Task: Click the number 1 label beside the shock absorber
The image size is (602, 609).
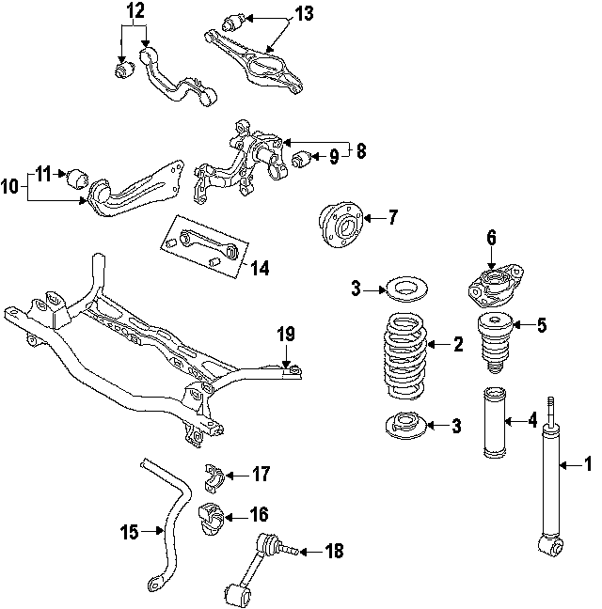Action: click(589, 462)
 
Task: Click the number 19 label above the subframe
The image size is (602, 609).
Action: click(287, 334)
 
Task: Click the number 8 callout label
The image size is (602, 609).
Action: click(360, 150)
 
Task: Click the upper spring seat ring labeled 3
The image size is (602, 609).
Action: click(405, 288)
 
